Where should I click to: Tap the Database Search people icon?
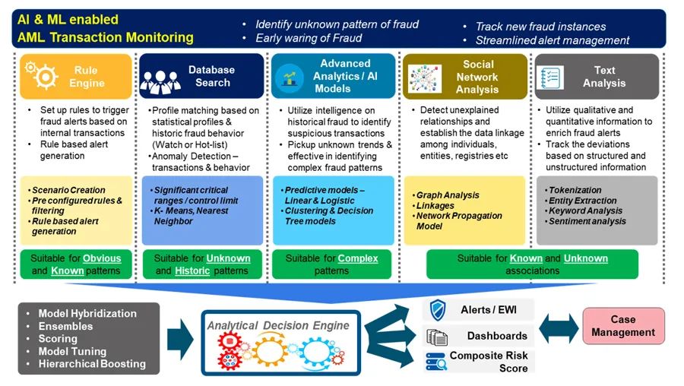160,78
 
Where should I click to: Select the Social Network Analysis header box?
464,77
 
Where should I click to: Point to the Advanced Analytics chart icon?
289,78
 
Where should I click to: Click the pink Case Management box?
623,325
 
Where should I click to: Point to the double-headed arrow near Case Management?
560,327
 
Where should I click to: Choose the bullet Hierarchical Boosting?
91,364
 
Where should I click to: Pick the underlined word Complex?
357,258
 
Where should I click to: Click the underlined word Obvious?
102,258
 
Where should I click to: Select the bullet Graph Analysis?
448,195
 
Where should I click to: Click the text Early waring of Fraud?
308,38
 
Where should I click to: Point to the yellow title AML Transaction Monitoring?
106,37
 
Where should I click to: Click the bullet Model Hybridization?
87,313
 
